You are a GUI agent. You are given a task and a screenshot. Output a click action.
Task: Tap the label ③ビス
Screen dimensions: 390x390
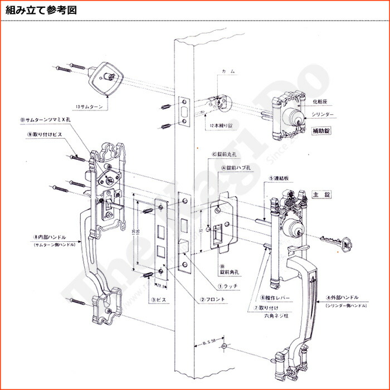click(x=159, y=300)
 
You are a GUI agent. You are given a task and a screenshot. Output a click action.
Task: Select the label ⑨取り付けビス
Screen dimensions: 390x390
click(x=47, y=135)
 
